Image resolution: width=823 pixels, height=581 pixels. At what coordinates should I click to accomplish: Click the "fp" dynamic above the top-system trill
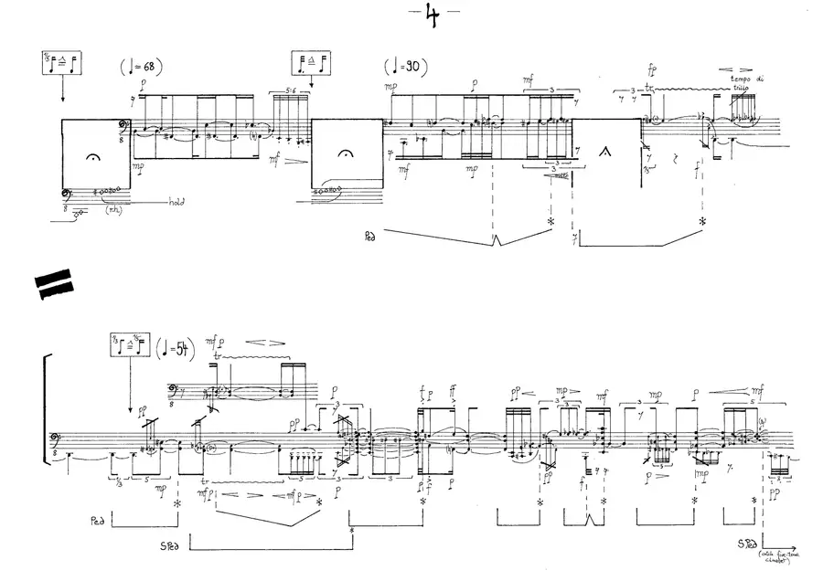click(x=651, y=69)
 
